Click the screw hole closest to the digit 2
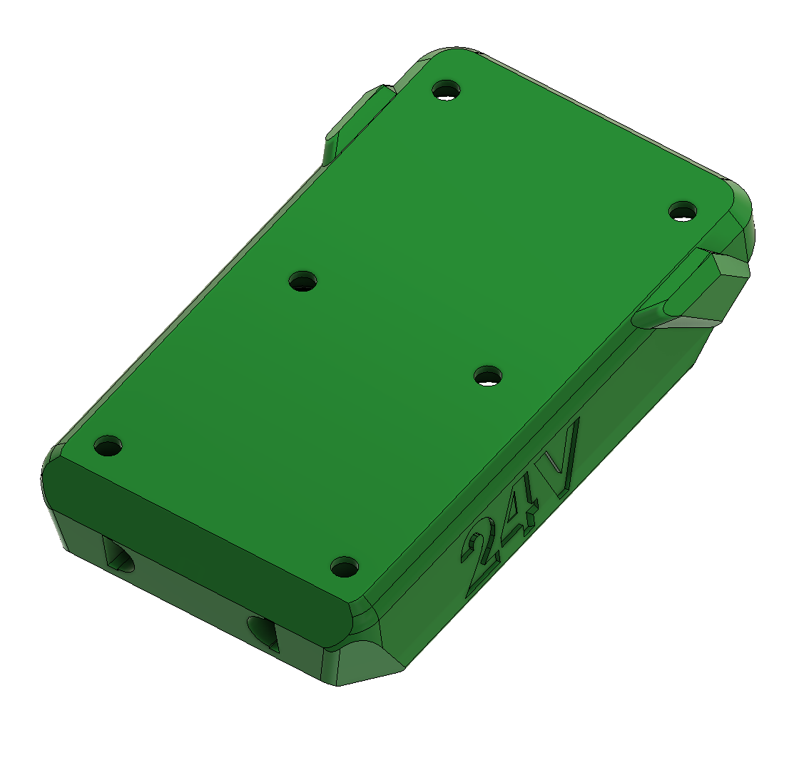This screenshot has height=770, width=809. click(345, 568)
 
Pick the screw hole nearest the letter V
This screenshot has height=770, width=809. click(488, 376)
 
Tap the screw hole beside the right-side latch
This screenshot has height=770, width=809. click(683, 212)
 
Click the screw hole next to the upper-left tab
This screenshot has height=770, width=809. click(447, 91)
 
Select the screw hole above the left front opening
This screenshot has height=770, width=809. click(108, 446)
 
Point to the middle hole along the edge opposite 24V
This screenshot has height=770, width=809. click(303, 282)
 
